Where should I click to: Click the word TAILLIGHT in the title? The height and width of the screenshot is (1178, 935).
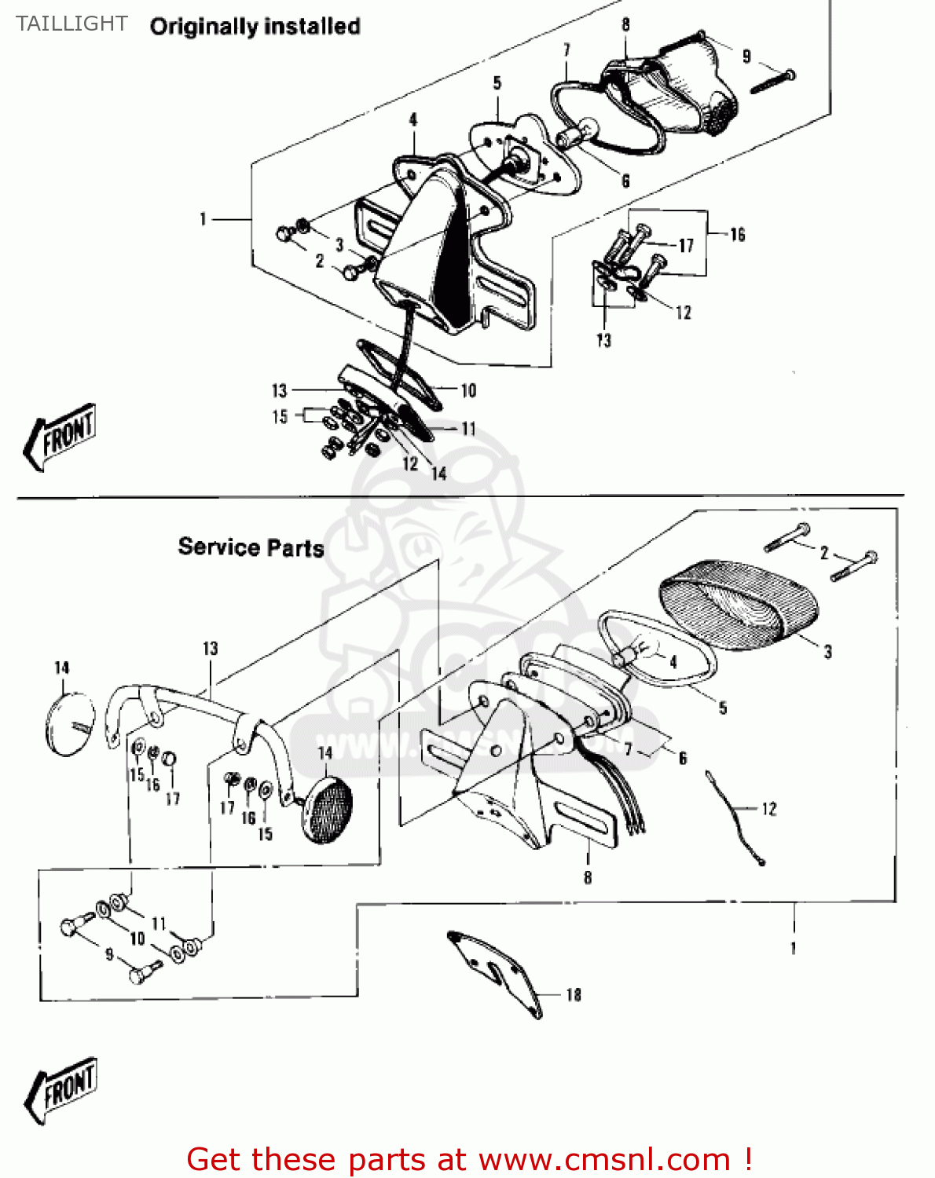(71, 24)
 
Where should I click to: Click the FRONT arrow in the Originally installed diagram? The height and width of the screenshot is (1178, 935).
(60, 437)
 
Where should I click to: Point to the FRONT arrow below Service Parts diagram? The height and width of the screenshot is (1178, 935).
(61, 1089)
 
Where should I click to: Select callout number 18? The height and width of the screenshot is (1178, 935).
(574, 995)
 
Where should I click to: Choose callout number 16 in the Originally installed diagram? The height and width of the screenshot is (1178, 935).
(737, 235)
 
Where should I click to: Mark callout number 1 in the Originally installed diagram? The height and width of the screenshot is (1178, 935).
(203, 219)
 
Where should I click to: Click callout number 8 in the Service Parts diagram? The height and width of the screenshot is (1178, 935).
(588, 877)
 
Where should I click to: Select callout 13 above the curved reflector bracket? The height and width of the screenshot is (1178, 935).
(210, 649)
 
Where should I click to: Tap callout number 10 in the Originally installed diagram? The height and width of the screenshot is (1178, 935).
(468, 390)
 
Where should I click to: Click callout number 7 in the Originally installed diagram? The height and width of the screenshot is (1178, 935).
(566, 50)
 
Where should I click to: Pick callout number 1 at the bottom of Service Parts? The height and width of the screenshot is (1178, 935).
(794, 949)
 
